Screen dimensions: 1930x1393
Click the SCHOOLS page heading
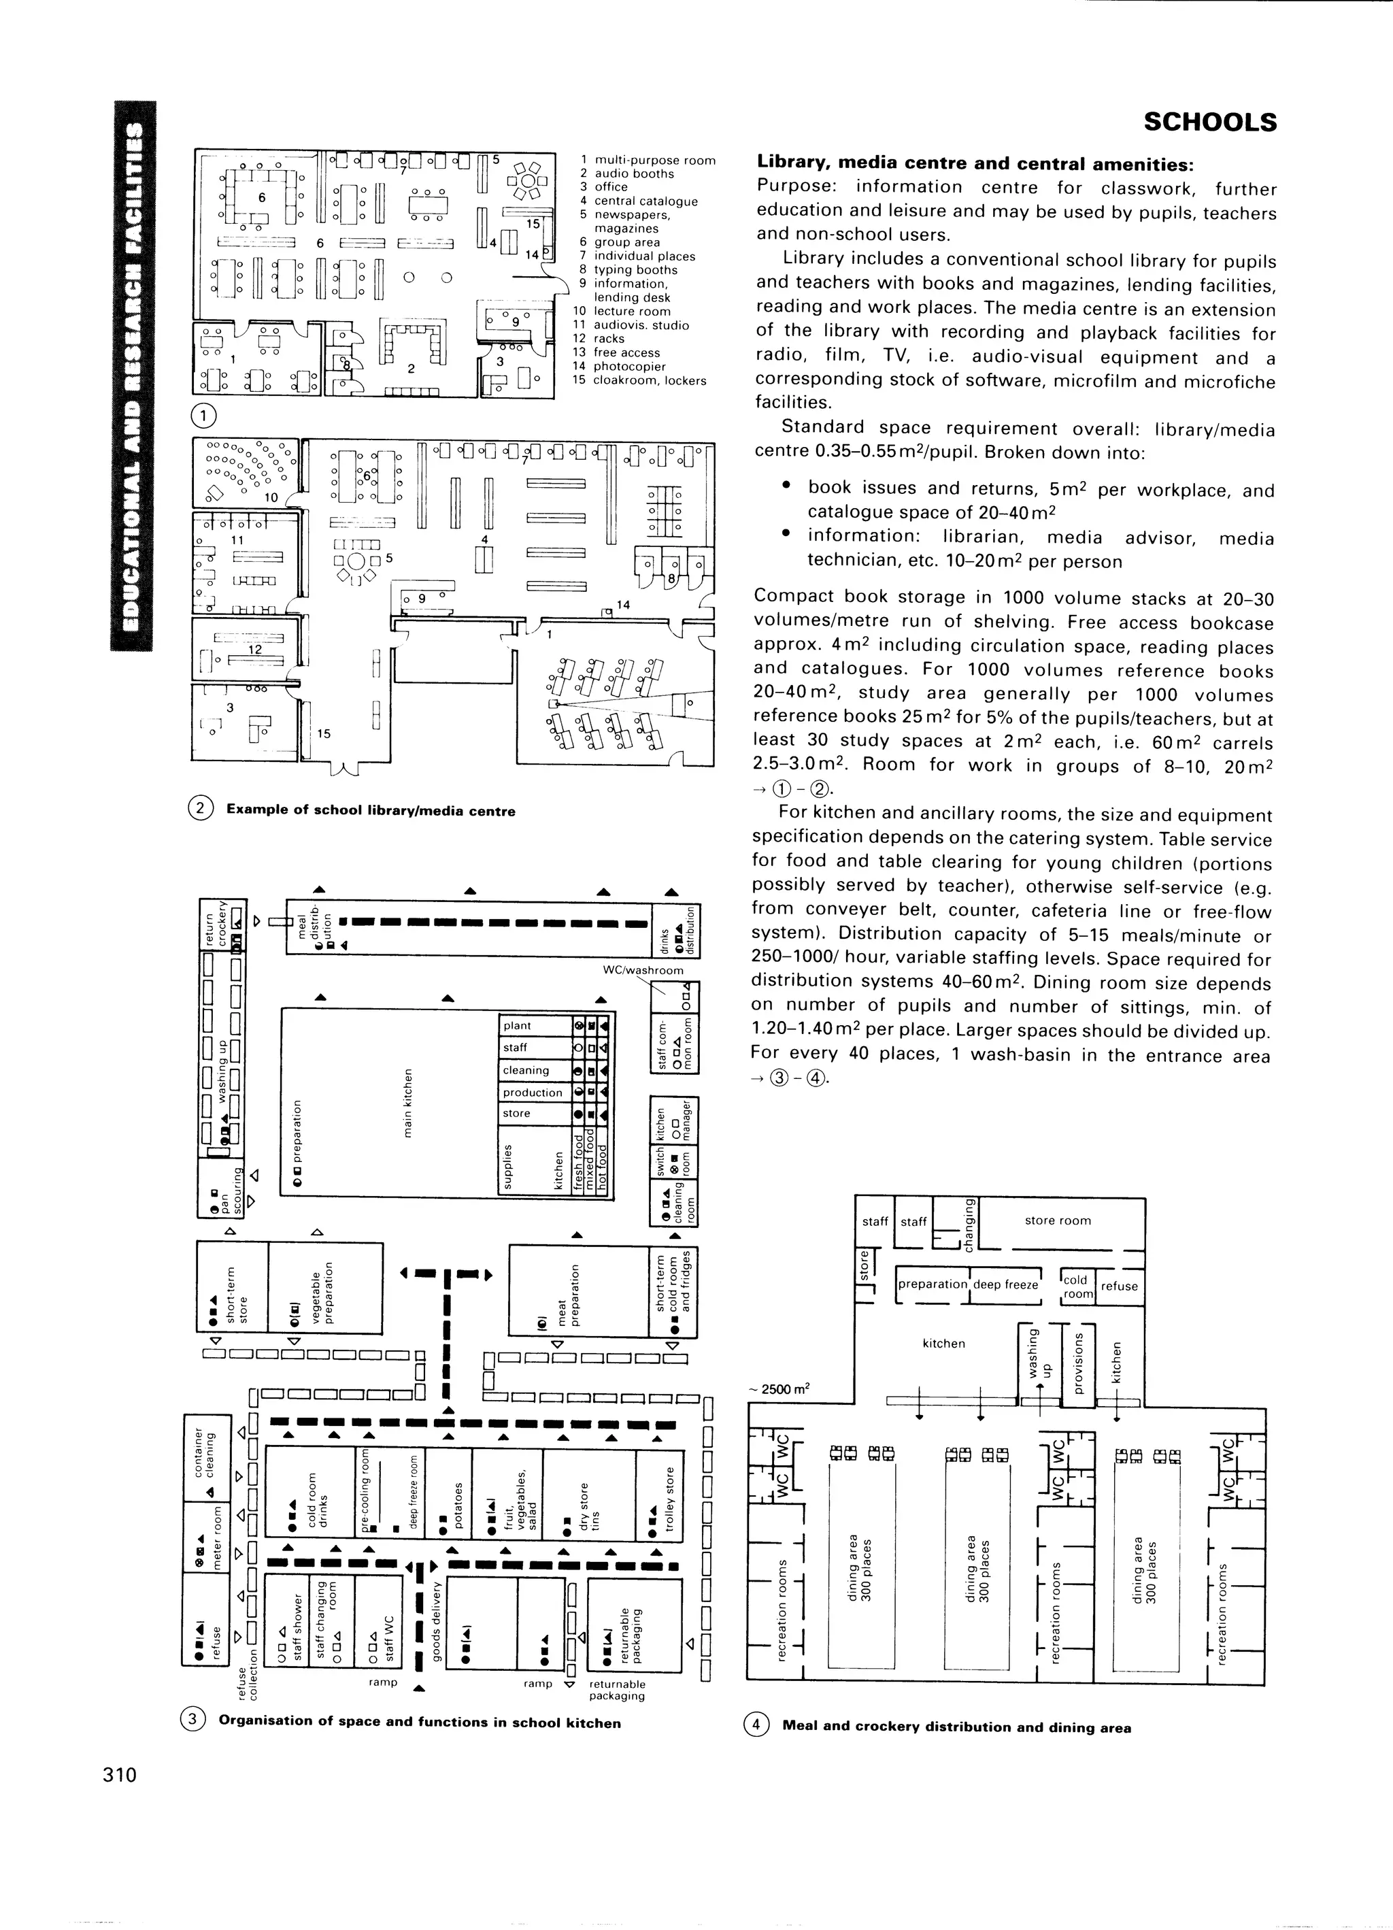(x=1209, y=122)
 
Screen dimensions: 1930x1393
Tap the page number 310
(x=119, y=1774)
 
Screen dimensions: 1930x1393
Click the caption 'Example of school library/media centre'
(x=370, y=811)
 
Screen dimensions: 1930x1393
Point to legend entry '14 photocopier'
(x=629, y=367)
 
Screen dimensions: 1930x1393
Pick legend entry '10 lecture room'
(x=622, y=312)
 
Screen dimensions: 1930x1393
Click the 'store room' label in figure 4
(x=1057, y=1220)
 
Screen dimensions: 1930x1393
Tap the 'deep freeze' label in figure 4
(x=1006, y=1284)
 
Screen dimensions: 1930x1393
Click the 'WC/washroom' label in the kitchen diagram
(x=643, y=970)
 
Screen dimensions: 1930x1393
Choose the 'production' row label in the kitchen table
(x=532, y=1093)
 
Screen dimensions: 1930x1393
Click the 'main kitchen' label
(x=409, y=1102)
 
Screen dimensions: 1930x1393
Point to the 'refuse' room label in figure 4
(x=1118, y=1286)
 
